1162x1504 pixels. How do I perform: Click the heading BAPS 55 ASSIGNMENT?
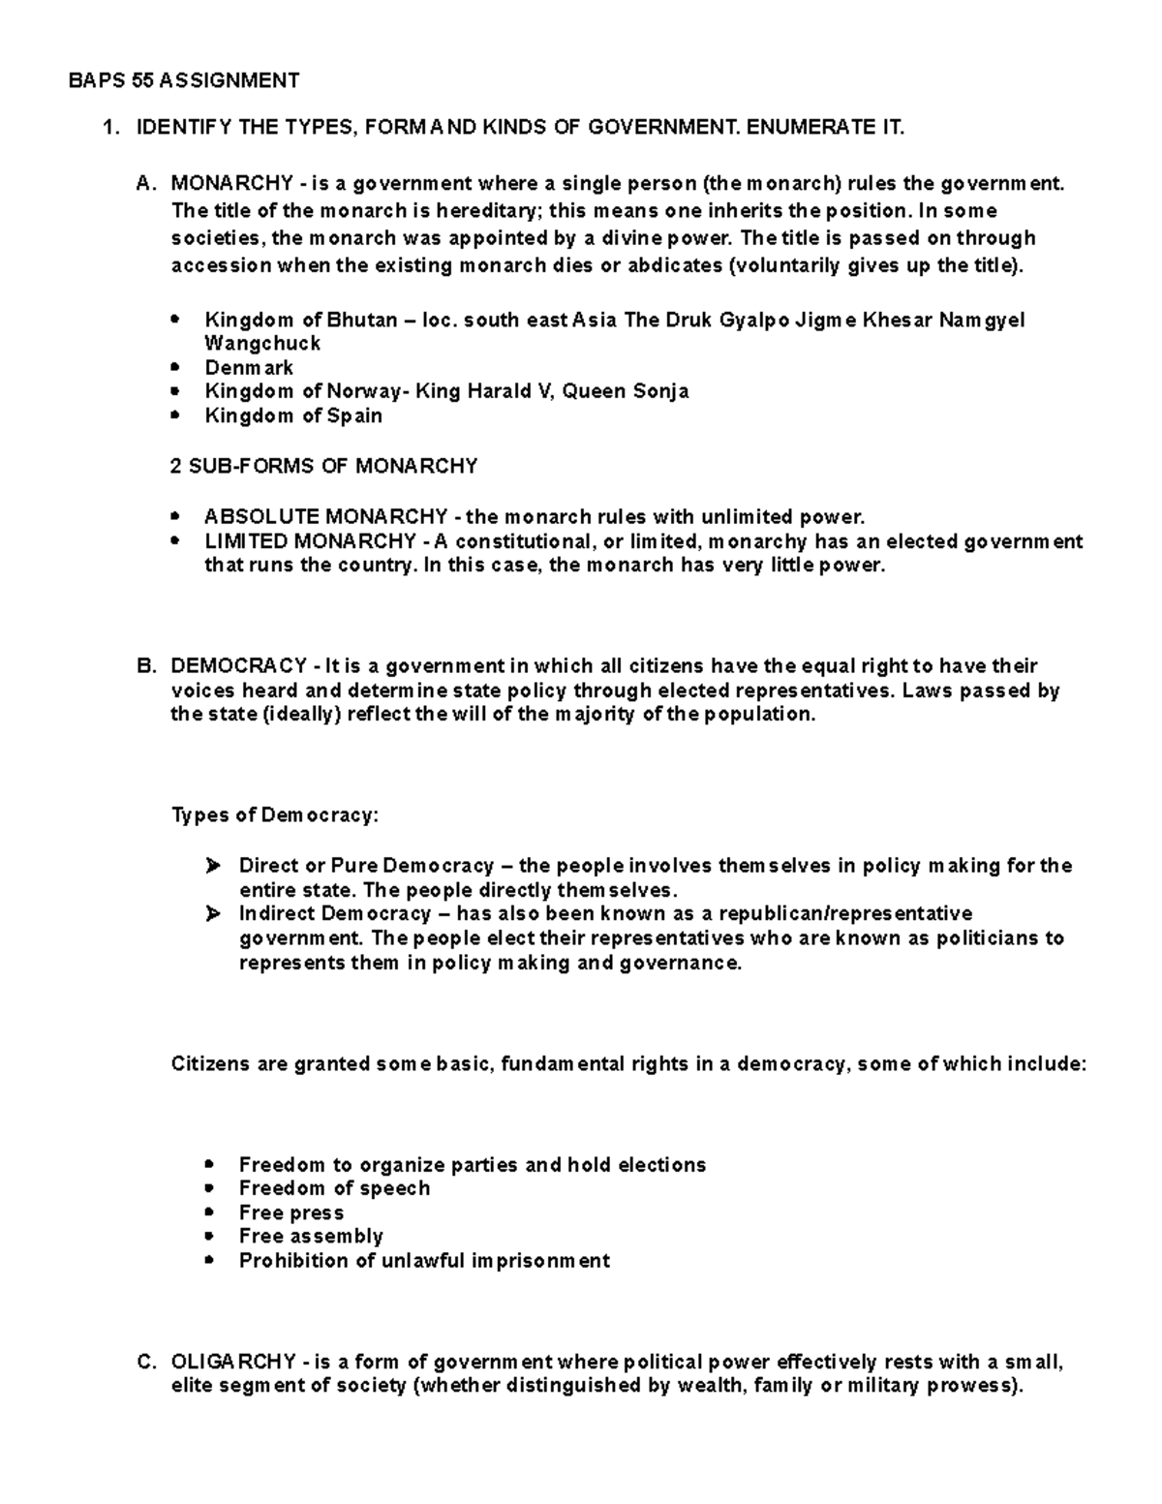pos(184,80)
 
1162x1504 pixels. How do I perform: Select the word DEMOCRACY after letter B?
pos(238,666)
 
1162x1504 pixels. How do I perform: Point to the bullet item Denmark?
pos(249,368)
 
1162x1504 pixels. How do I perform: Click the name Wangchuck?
pos(262,344)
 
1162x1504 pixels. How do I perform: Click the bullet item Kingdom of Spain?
pos(293,415)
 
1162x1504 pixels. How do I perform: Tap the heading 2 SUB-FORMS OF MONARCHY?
pos(323,467)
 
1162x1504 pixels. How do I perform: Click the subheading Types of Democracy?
pos(274,815)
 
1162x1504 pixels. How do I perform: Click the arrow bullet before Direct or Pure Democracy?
pos(213,866)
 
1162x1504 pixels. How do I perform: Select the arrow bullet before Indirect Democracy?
pos(213,914)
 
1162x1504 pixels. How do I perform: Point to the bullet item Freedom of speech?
pos(334,1188)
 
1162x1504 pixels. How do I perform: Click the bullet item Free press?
pos(290,1212)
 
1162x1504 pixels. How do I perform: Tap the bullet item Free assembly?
pos(311,1237)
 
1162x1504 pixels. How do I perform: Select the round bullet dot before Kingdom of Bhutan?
pos(174,320)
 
